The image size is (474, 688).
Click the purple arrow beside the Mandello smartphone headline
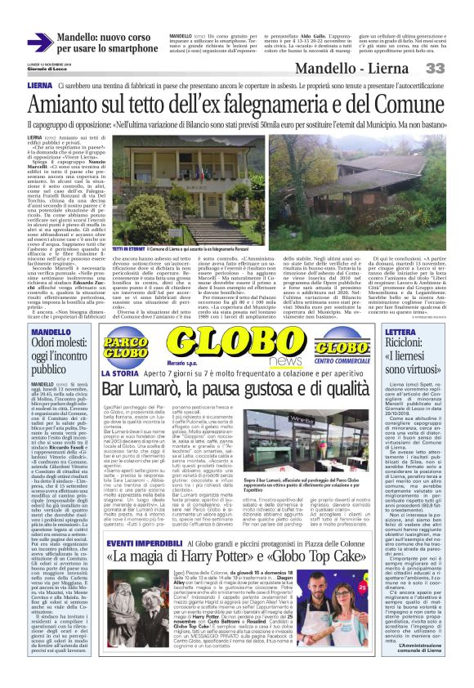tap(40, 42)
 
